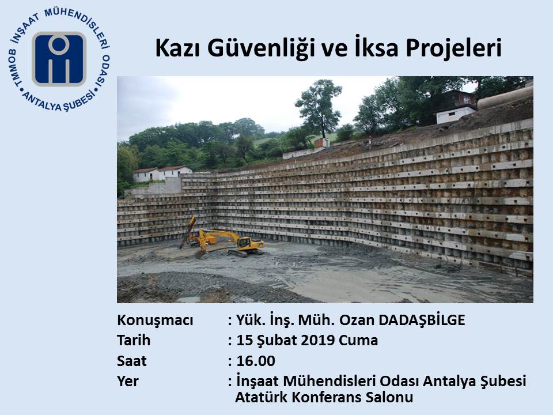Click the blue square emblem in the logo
click(59, 59)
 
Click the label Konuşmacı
click(155, 320)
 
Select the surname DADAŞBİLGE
click(422, 320)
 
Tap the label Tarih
click(134, 340)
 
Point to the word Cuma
click(358, 340)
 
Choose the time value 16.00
click(256, 361)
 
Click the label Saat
click(131, 361)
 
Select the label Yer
click(128, 381)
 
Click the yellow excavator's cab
click(244, 242)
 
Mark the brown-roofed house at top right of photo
click(456, 107)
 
